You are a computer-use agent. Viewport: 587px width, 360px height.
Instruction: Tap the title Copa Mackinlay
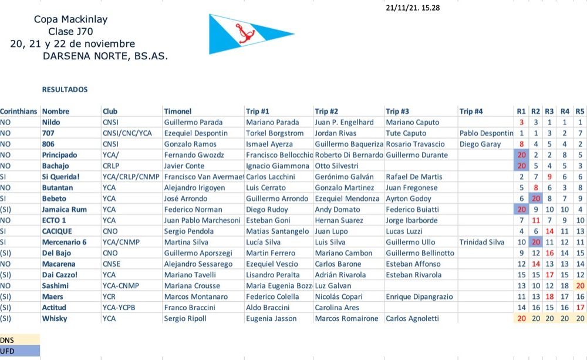70,19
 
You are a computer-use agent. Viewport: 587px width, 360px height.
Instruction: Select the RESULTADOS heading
65,90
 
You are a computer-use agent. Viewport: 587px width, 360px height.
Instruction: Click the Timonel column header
178,111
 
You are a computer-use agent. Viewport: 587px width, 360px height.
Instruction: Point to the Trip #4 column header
471,111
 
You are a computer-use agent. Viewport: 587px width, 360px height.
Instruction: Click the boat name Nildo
51,122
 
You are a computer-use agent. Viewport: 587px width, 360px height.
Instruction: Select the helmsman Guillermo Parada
193,122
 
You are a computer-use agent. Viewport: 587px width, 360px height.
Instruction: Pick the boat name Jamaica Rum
64,209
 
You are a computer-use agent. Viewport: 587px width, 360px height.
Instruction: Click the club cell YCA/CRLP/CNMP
131,176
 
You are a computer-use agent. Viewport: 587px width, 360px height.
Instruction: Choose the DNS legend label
8,339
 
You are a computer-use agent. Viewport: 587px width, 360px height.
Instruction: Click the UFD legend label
8,350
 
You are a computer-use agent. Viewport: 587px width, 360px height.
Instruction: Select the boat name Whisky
55,318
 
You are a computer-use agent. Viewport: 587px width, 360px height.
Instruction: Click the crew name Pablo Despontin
486,133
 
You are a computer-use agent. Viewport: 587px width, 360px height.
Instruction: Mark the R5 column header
580,111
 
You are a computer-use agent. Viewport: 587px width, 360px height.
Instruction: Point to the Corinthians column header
19,111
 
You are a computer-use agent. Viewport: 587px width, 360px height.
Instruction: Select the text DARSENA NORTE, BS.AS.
105,56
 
